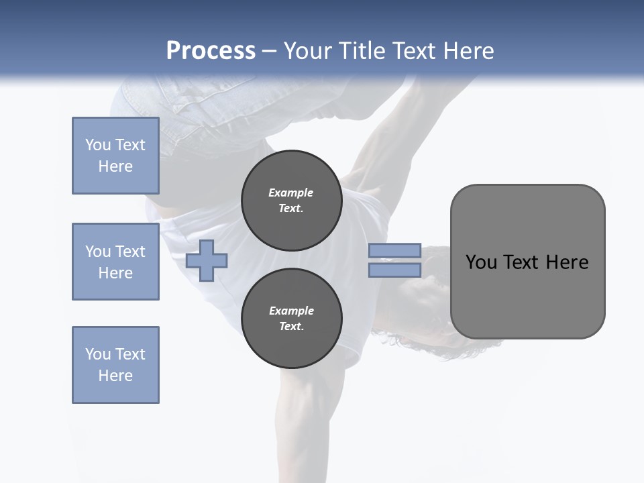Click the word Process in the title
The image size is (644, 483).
pos(211,51)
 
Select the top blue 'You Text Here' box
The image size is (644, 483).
pos(115,156)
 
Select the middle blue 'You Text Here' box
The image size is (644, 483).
pos(115,262)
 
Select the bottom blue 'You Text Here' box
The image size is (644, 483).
pos(115,365)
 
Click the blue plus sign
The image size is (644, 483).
pos(207,260)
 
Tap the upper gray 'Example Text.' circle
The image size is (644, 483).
pos(291,201)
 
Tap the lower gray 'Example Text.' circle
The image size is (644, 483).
pos(291,319)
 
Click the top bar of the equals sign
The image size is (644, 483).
pos(394,251)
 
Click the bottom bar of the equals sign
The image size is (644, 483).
pos(394,270)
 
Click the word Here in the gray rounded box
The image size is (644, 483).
pos(567,262)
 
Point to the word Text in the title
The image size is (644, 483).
pos(417,51)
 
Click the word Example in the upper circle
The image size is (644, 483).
pos(291,193)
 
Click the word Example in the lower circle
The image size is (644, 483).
pos(291,311)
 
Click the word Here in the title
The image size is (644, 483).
pos(470,51)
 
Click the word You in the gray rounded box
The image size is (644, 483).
pos(482,262)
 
